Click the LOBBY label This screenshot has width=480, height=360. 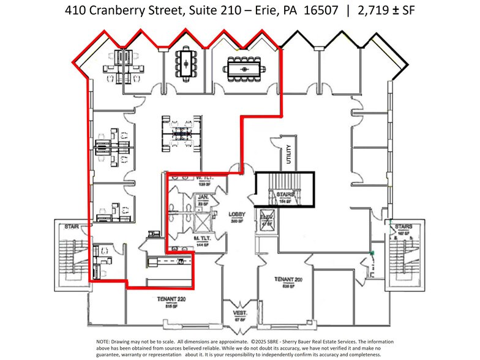point(237,215)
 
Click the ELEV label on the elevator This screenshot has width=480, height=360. point(266,219)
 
